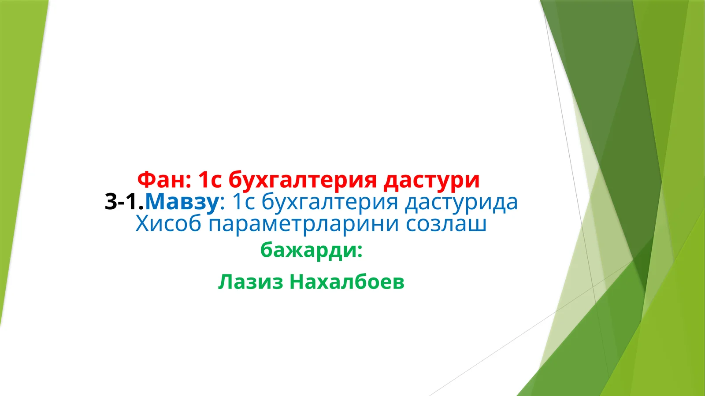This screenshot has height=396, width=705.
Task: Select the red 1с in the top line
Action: pyautogui.click(x=209, y=179)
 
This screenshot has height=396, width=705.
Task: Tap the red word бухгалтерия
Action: pyautogui.click(x=303, y=180)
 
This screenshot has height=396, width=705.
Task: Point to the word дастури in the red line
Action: pyautogui.click(x=431, y=180)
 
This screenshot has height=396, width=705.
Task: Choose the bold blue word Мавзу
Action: pyautogui.click(x=182, y=202)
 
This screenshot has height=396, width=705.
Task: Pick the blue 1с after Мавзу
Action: pyautogui.click(x=243, y=202)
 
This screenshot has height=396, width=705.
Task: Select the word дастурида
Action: pyautogui.click(x=461, y=202)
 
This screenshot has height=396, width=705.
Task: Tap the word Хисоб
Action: pyautogui.click(x=168, y=223)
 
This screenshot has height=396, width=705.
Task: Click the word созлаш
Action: pyautogui.click(x=446, y=223)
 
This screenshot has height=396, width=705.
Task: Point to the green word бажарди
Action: pyautogui.click(x=310, y=250)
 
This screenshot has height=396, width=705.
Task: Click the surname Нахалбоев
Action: pyautogui.click(x=347, y=281)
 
